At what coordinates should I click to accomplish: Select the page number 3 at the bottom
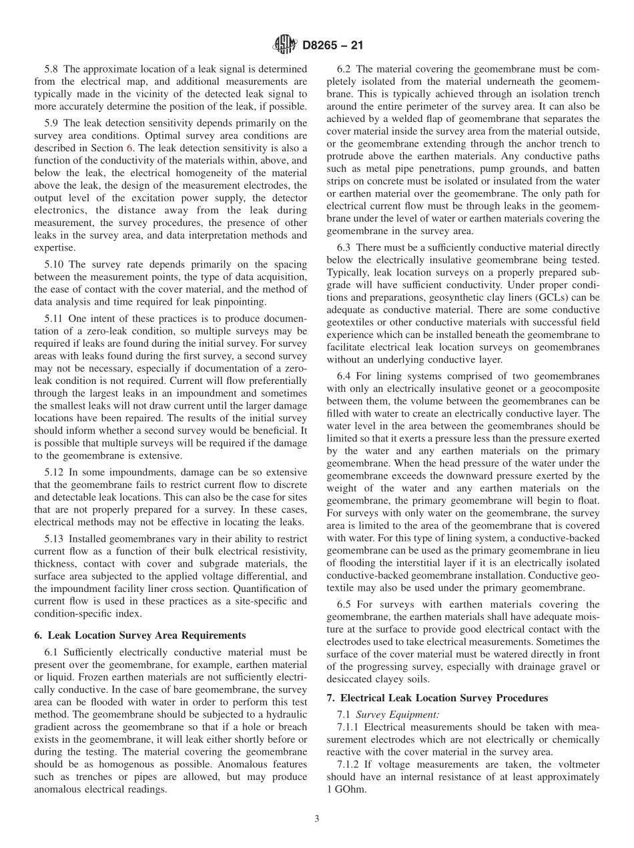click(316, 819)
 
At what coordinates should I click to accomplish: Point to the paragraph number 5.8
click(52, 69)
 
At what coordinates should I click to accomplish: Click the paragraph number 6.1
click(52, 652)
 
